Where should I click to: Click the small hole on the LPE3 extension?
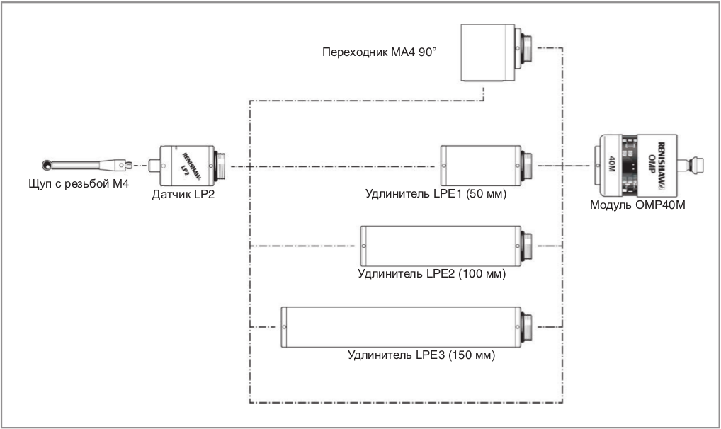pos(284,328)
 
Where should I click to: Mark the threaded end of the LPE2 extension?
pos(526,246)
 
